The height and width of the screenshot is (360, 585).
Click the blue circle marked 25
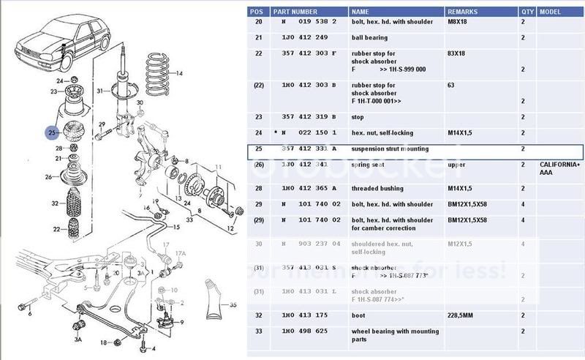52,132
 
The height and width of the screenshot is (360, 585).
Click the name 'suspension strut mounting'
390,149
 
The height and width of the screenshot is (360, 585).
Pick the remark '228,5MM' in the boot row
461,315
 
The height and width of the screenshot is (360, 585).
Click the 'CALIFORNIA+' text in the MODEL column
561,165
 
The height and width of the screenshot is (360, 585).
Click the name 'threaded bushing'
379,188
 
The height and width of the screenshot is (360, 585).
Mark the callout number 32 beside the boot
54,203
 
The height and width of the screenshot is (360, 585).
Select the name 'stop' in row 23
357,116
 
